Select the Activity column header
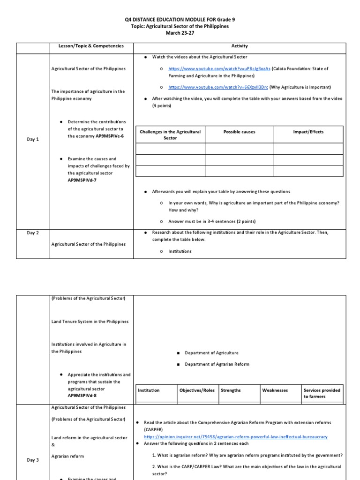(x=240, y=46)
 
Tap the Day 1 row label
(x=33, y=139)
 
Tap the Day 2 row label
(x=33, y=232)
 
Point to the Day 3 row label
(x=33, y=460)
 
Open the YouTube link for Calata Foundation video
(x=219, y=68)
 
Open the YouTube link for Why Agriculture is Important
(x=218, y=87)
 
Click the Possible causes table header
(x=239, y=132)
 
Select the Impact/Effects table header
(x=308, y=132)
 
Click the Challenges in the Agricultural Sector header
(x=170, y=135)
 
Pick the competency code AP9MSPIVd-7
(x=84, y=180)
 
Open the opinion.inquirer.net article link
(x=236, y=437)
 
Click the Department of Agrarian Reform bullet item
(x=217, y=364)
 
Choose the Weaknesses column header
(x=275, y=390)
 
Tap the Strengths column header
(x=231, y=390)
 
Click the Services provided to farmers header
(x=322, y=393)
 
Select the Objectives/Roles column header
(x=197, y=390)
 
